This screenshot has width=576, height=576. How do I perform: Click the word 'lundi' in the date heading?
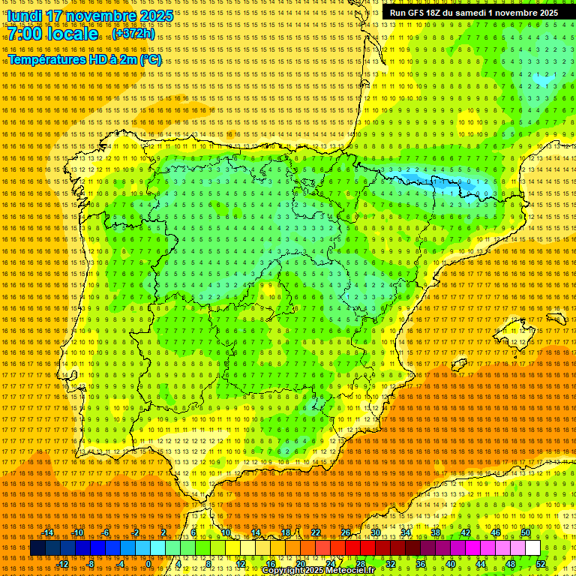24,16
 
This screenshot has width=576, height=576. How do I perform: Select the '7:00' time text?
28,34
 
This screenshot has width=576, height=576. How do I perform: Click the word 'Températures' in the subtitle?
46,59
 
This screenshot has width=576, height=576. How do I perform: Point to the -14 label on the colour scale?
48,532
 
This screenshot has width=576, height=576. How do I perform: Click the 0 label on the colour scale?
149,564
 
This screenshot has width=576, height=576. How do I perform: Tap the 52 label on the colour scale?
541,564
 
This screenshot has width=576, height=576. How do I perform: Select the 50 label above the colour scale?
526,532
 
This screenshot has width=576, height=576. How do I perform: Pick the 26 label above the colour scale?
345,532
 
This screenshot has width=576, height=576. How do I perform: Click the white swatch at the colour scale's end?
532,548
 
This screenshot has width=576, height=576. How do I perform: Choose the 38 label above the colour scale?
436,532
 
